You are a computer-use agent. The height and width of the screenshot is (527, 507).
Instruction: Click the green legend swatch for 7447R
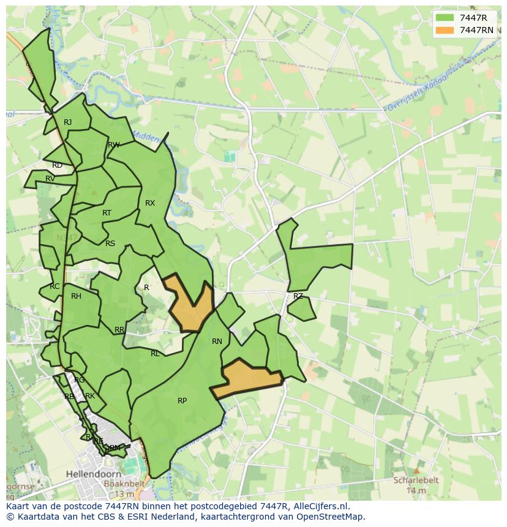click(x=445, y=18)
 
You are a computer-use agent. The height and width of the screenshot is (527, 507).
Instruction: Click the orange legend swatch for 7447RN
click(x=445, y=30)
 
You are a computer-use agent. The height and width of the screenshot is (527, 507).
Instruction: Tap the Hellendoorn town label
click(x=91, y=474)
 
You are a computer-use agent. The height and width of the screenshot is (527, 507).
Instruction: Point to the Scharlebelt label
click(x=415, y=480)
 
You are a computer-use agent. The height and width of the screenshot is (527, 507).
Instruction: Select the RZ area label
click(x=298, y=296)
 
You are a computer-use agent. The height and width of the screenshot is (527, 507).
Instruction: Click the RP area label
click(x=182, y=401)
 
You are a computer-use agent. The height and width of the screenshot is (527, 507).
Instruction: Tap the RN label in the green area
click(x=217, y=342)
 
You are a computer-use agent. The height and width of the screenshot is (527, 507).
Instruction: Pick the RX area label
click(x=150, y=203)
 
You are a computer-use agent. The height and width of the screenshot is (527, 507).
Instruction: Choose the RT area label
click(x=107, y=213)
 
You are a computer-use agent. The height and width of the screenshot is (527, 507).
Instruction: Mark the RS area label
click(x=110, y=244)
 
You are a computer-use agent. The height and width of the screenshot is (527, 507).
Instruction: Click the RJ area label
click(x=68, y=122)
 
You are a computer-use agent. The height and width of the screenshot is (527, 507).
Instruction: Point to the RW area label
click(x=113, y=145)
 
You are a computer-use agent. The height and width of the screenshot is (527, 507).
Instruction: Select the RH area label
click(x=76, y=296)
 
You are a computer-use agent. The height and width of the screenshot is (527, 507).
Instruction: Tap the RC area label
click(x=55, y=286)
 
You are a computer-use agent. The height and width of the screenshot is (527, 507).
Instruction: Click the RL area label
click(x=155, y=354)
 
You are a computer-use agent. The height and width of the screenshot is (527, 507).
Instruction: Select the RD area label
click(x=57, y=165)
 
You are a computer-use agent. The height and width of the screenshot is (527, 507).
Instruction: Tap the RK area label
click(x=90, y=396)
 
